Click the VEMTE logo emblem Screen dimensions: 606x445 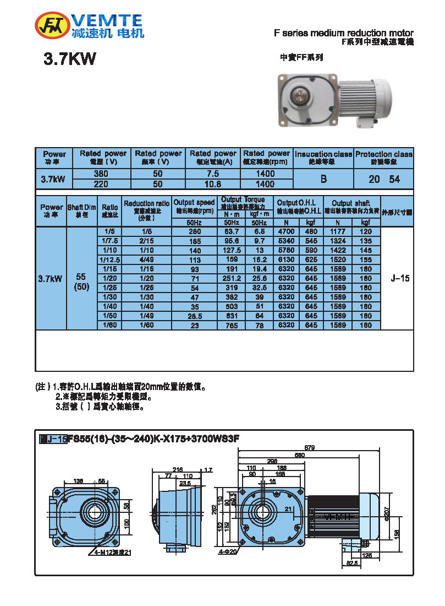[x=51, y=25]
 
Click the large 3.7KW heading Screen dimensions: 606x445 [x=70, y=59]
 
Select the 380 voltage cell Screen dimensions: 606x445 [x=101, y=174]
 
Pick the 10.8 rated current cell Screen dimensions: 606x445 [x=212, y=183]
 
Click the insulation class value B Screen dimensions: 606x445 [x=323, y=179]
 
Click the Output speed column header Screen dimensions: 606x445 [x=194, y=206]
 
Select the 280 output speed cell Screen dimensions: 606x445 [x=194, y=232]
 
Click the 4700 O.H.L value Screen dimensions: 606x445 [x=286, y=232]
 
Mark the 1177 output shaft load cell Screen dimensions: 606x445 [x=338, y=232]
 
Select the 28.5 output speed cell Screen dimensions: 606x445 [x=194, y=316]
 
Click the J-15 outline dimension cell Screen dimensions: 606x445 [x=400, y=279]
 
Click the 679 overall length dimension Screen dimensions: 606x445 [x=310, y=448]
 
